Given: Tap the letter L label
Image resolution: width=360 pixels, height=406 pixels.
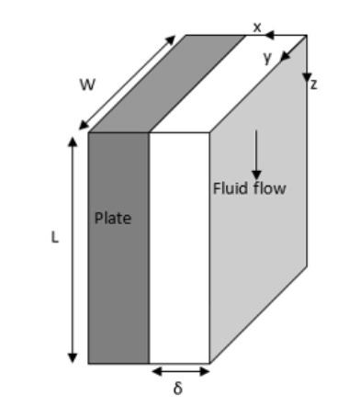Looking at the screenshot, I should [54, 237].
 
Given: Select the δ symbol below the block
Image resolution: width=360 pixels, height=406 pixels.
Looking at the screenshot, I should [178, 389].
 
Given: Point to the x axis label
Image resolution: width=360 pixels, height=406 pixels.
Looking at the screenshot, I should [257, 28].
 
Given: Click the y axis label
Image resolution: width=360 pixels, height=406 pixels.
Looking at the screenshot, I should [267, 57].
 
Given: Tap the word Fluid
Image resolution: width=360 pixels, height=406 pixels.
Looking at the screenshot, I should [230, 189].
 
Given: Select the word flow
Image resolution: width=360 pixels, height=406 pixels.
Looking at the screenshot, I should [268, 189].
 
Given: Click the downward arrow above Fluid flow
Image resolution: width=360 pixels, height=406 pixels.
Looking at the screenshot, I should [256, 156].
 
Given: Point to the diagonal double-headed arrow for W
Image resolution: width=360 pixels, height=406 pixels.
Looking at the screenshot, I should [126, 83].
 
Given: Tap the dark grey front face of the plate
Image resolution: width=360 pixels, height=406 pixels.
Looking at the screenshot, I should [118, 276].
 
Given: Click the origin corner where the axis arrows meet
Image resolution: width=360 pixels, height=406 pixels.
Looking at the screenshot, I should [307, 36].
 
